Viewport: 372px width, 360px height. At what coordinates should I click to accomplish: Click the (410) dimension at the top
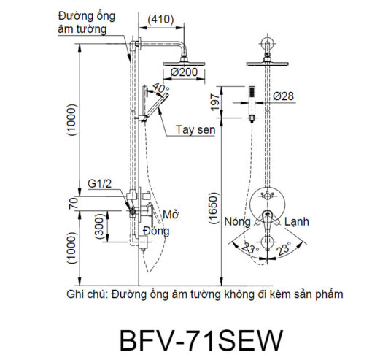pos(160,20)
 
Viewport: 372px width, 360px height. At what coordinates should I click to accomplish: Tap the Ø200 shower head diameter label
pos(184,72)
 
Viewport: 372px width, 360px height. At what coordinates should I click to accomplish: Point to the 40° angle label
pos(161,88)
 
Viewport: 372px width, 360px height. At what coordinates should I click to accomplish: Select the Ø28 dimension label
pos(283,96)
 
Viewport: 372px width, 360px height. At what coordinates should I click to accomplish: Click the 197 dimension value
pos(216,102)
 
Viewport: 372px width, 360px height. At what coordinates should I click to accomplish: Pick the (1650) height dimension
pos(214,208)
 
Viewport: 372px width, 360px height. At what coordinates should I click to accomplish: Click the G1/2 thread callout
pos(100,183)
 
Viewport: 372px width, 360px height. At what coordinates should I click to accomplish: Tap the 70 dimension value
pos(74,204)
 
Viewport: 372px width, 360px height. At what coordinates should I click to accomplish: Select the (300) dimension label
pos(100,226)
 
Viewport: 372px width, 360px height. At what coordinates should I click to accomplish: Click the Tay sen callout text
pos(195,129)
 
